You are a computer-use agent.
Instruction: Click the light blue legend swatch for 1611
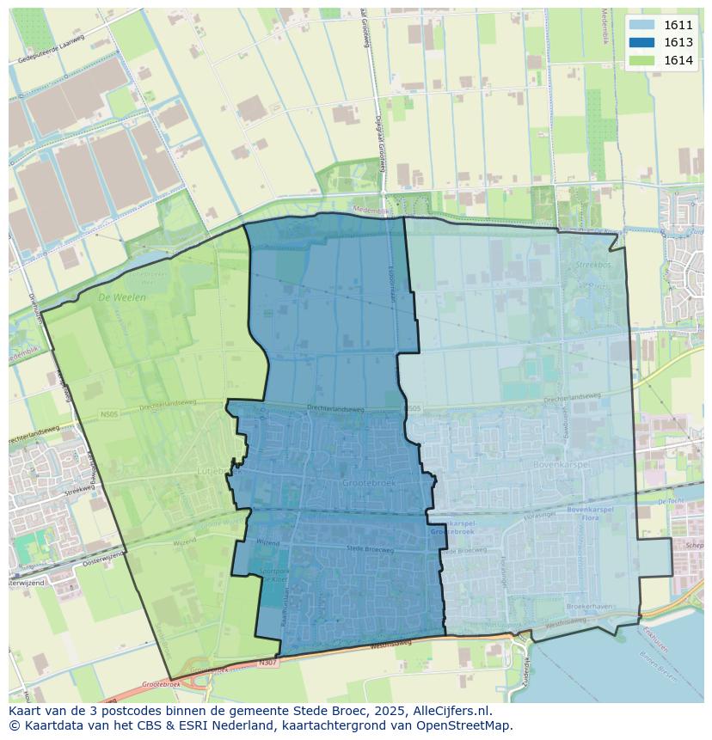(x=641, y=25)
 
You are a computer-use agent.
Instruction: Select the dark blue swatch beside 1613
(x=641, y=42)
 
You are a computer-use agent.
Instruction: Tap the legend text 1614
(x=678, y=59)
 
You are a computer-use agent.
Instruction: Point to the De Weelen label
(x=122, y=297)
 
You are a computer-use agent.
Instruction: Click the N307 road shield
(x=269, y=663)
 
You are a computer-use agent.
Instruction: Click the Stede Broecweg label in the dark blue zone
(x=369, y=547)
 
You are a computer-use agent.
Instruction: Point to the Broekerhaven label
(x=590, y=606)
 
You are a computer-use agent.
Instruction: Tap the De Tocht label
(x=669, y=499)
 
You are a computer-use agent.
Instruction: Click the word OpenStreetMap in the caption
(x=466, y=725)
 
